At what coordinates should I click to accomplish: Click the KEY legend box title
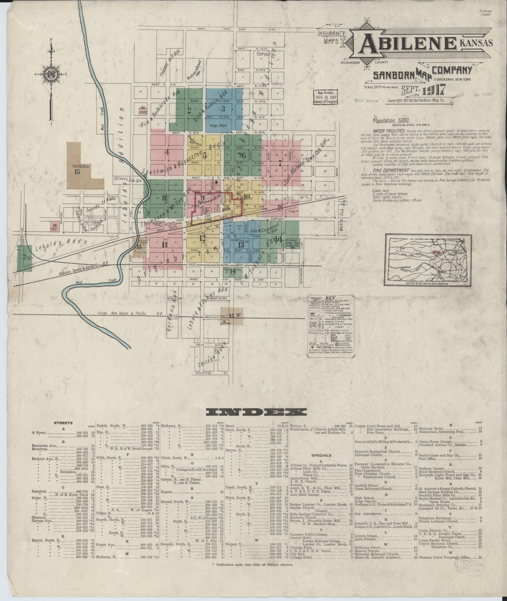tap(331, 298)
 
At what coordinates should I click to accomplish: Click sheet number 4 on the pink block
tap(167, 152)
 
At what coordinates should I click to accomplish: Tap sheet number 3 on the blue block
tap(223, 108)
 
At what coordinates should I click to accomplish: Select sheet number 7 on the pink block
tap(280, 163)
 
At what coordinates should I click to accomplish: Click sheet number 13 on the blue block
tap(241, 244)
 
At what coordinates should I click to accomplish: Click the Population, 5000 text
tap(389, 120)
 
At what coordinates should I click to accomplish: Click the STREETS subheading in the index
tap(63, 423)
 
